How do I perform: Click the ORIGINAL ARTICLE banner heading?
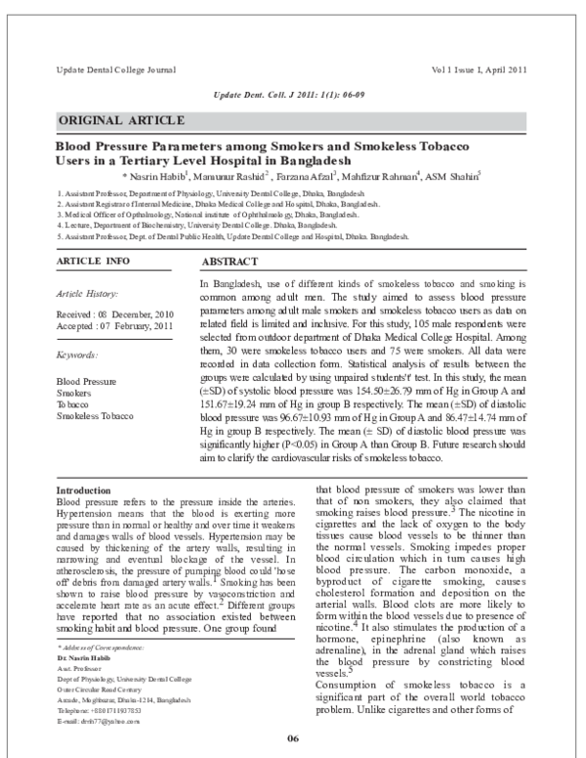tap(122, 121)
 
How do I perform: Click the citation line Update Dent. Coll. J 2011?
tap(293, 94)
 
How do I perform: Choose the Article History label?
tap(88, 293)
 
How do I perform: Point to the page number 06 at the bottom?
tap(292, 736)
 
